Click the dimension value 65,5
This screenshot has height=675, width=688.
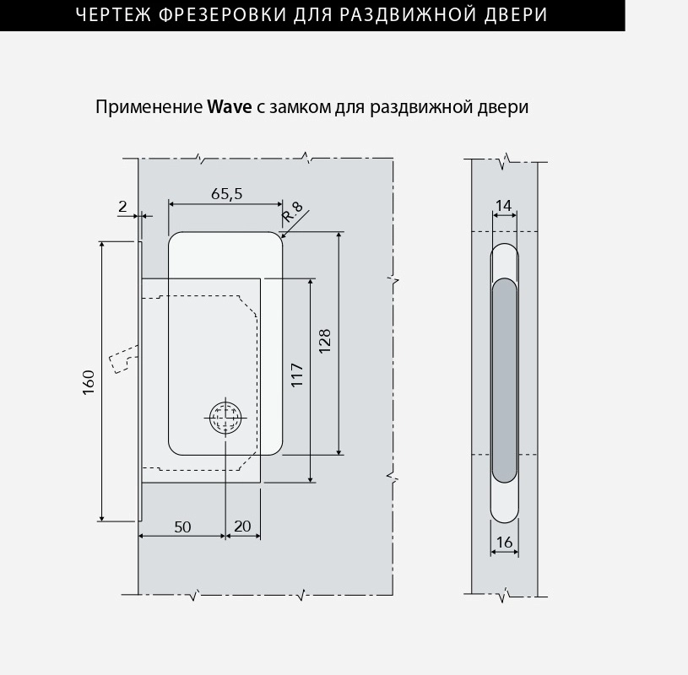(226, 194)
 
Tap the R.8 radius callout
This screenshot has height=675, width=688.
(293, 212)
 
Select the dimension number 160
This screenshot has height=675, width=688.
(89, 382)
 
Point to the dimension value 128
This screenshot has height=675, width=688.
(325, 341)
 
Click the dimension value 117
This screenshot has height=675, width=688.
(297, 375)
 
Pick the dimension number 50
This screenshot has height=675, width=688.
(182, 526)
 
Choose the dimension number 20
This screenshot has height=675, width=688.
(242, 526)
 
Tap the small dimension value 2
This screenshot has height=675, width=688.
(122, 206)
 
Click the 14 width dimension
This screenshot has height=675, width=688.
(504, 205)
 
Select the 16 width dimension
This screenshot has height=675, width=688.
(504, 542)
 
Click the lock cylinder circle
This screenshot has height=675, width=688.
(225, 417)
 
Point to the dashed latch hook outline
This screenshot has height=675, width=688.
(124, 359)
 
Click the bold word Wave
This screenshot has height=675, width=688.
(230, 107)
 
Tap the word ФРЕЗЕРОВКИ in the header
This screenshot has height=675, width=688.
(222, 15)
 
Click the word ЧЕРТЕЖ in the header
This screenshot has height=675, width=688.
(113, 15)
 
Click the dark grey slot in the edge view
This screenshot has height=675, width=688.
(505, 381)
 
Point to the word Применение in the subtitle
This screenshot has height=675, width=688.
(149, 107)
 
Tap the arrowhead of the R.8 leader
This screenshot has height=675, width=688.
(283, 236)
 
